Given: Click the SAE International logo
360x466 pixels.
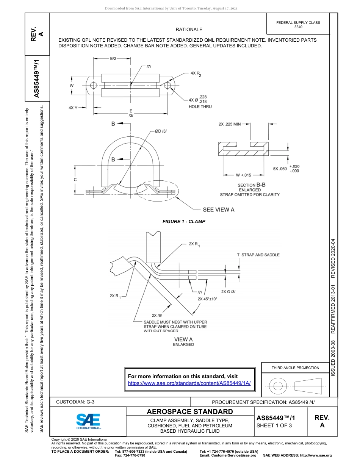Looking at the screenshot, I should pos(88,421).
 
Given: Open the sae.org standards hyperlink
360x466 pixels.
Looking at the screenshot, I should pos(189,383).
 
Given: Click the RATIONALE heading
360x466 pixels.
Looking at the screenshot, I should pos(189,30).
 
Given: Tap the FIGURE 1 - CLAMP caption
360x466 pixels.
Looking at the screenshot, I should pos(184,222).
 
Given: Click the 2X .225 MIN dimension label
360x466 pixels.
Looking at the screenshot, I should pos(230,124).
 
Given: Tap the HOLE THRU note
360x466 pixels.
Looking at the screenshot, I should pos(200,107).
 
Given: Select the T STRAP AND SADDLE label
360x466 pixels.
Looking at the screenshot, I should pos(258,255).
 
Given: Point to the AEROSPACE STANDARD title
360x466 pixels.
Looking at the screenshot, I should pos(190,412).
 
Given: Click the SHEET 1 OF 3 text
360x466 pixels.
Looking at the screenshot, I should pos(274,425).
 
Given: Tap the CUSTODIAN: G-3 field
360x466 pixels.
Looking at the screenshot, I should pos(75,402).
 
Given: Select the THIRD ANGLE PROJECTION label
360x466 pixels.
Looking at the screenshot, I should pos(295,367).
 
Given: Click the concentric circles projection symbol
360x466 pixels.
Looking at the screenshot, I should pos(278,386).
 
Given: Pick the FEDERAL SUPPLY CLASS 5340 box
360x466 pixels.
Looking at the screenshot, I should pos(298,25).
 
